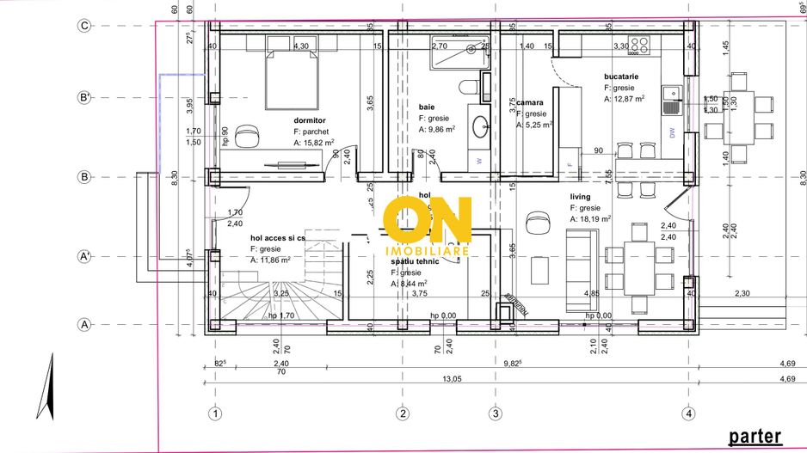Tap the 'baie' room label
(427, 107)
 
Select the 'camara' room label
(530, 102)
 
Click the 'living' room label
(580, 196)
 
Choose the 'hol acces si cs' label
(277, 237)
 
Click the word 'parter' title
(755, 436)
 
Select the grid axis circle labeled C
(84, 26)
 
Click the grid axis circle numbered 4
(688, 413)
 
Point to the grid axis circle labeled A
(84, 325)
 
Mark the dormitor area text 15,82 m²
(313, 144)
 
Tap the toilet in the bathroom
(465, 87)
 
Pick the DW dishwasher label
(672, 132)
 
